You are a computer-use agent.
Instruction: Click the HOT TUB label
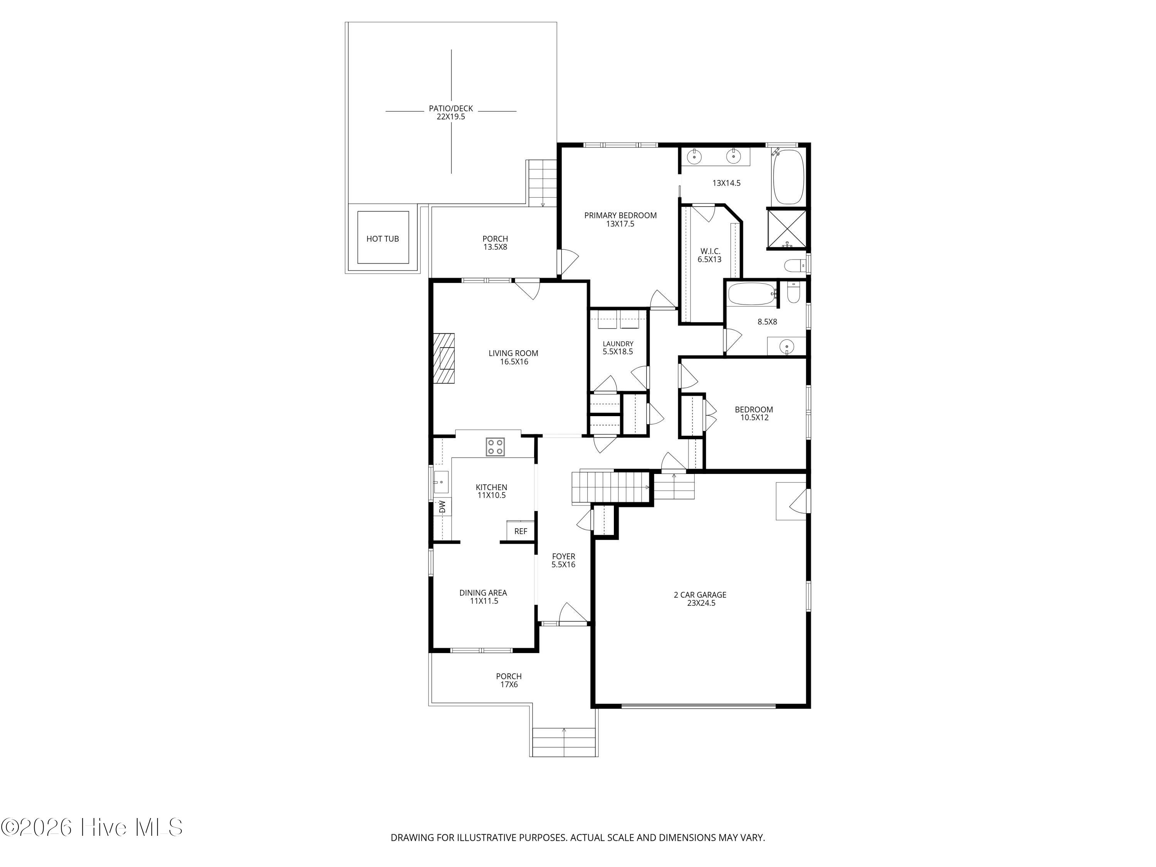(383, 239)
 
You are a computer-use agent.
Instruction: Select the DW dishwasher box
(442, 507)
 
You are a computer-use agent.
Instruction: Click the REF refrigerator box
(521, 531)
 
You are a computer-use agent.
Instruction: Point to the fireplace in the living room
(443, 358)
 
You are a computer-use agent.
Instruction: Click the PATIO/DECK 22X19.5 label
(451, 113)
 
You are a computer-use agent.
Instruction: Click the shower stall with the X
(787, 229)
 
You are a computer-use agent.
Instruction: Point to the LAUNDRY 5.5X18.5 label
(618, 348)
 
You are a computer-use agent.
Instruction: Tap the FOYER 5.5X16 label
(563, 561)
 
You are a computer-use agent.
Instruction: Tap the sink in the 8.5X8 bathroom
(786, 346)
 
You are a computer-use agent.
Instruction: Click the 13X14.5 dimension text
(726, 183)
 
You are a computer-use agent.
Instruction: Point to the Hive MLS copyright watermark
(92, 827)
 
